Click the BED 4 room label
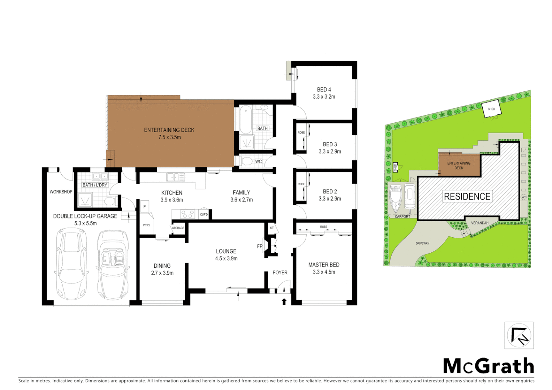coord(324,90)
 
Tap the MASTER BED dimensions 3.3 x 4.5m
coord(324,272)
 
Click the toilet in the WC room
coord(247,161)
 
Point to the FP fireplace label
coord(259,246)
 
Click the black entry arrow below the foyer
coord(284,301)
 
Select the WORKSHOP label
coord(61,192)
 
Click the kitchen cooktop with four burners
coord(187,214)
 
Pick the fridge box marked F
coord(145,207)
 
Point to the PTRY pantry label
coord(146,225)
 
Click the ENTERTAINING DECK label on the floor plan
coord(169,130)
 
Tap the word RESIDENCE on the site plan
coord(467,196)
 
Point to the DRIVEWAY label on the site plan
coord(422,243)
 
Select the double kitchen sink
coord(175,177)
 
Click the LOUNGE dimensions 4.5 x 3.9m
coord(226,259)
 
